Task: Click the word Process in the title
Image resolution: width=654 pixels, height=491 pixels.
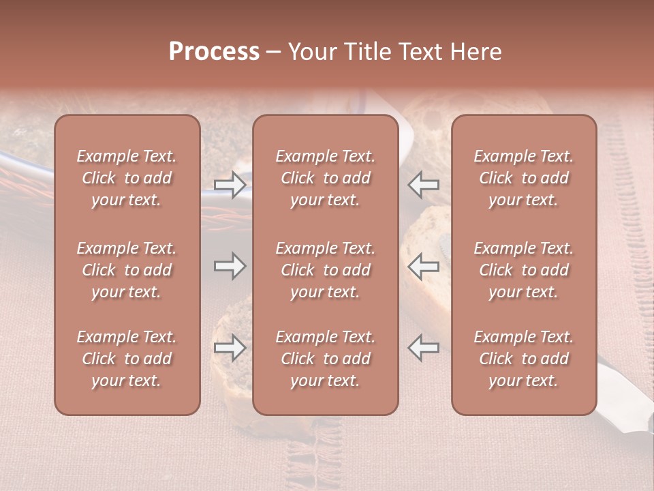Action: click(214, 52)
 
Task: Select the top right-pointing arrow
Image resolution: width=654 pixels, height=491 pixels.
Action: click(230, 185)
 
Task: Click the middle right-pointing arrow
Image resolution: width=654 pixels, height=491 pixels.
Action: click(230, 266)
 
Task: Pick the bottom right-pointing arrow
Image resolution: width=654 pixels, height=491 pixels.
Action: click(230, 348)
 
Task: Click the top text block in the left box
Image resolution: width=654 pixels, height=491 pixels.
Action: click(127, 178)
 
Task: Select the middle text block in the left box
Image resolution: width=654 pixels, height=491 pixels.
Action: click(127, 270)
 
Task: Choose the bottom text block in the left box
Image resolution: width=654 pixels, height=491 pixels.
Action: click(127, 359)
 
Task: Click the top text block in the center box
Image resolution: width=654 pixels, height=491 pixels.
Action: click(326, 178)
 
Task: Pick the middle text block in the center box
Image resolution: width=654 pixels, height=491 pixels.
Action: click(326, 270)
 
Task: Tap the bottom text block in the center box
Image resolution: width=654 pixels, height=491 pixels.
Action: click(326, 359)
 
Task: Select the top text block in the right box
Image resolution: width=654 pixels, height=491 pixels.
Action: click(524, 178)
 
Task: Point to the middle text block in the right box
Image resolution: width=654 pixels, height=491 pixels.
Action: click(524, 270)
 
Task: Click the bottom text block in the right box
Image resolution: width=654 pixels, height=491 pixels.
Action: click(524, 359)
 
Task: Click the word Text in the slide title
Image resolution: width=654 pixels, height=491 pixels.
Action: click(421, 52)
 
